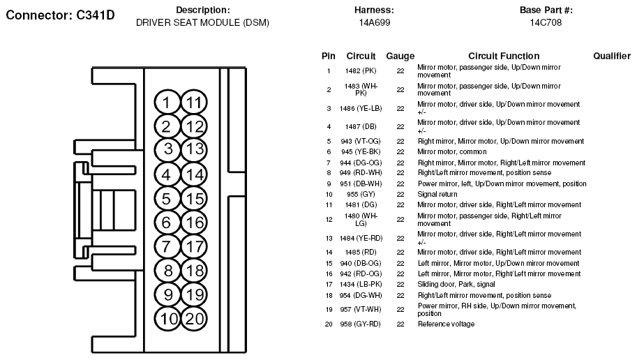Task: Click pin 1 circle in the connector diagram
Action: tap(166, 103)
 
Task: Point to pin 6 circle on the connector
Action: tap(166, 223)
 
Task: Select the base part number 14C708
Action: tap(545, 22)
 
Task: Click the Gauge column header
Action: tap(400, 56)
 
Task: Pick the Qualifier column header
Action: tap(612, 56)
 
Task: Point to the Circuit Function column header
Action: tap(503, 56)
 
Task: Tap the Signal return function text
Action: tap(437, 194)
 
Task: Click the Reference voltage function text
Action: tap(446, 324)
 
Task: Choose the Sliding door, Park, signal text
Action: tap(456, 284)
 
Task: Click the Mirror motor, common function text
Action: tap(452, 151)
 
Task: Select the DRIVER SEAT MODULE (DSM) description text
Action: tap(202, 22)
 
